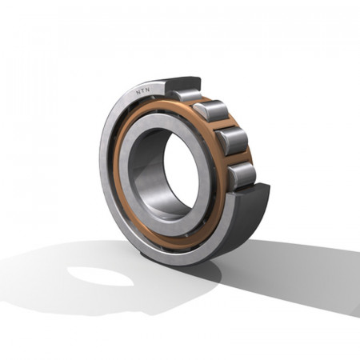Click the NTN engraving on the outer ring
tap(143, 91)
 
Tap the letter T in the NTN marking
tap(143, 91)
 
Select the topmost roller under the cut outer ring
tap(186, 94)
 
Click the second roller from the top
tap(211, 110)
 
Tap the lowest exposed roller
tap(242, 176)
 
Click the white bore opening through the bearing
tap(181, 170)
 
